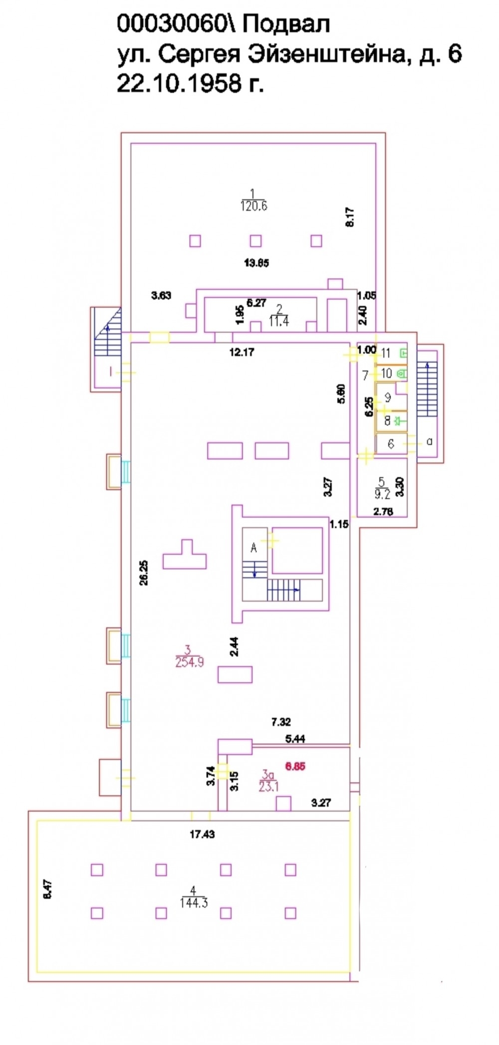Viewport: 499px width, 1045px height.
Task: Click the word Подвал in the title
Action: [x=286, y=24]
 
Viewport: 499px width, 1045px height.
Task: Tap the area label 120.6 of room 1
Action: [x=253, y=206]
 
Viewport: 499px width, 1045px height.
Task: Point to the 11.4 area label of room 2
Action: [x=279, y=321]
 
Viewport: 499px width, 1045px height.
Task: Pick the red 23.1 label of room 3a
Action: [x=268, y=787]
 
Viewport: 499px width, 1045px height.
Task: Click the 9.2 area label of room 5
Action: [x=382, y=495]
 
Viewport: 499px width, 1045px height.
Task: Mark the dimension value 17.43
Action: [x=202, y=834]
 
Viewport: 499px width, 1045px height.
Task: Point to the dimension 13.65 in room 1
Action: [x=256, y=263]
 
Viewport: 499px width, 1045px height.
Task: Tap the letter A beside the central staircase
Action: [x=253, y=548]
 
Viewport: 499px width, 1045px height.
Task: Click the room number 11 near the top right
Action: [x=386, y=353]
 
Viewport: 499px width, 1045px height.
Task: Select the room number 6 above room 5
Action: [x=391, y=443]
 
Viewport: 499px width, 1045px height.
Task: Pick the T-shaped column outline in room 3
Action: [x=185, y=555]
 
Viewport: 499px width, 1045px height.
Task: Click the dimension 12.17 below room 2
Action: [x=242, y=352]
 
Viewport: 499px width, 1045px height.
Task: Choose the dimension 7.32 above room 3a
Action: [x=281, y=721]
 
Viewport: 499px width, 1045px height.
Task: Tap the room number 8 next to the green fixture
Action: [x=387, y=420]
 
